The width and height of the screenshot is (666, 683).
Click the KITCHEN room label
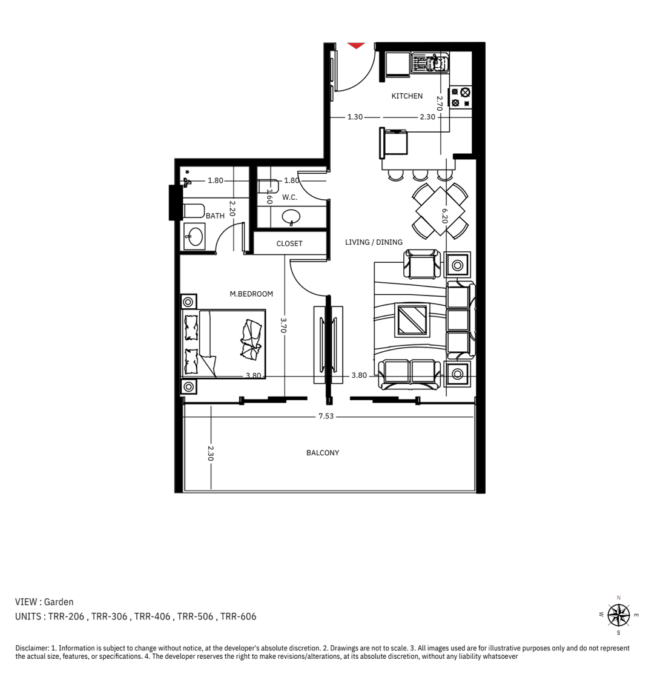[407, 96]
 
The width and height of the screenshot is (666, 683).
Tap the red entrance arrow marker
[356, 45]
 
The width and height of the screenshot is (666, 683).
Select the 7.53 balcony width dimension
[326, 416]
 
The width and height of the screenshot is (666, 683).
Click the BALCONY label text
[322, 452]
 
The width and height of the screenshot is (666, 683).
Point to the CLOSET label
[289, 243]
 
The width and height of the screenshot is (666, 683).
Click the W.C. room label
[289, 197]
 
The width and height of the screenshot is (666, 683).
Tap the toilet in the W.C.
[268, 186]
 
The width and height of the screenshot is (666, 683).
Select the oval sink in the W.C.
[291, 216]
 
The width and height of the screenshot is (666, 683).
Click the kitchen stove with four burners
[460, 97]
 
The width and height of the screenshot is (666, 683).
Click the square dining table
[440, 211]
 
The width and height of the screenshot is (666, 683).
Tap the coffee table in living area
[412, 320]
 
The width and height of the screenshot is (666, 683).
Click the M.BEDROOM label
[251, 294]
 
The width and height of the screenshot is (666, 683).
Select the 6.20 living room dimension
[444, 216]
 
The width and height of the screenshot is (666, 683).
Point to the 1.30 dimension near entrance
[355, 117]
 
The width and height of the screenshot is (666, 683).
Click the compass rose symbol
[619, 615]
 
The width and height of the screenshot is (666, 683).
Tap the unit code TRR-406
[152, 616]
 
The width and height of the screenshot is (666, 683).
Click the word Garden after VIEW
[59, 601]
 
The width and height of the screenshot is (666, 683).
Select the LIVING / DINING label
[374, 242]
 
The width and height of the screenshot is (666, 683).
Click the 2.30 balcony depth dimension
[210, 453]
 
